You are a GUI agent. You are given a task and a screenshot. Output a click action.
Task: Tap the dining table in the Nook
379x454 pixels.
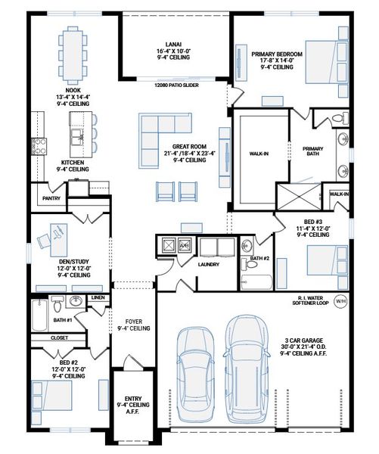[x=73, y=54]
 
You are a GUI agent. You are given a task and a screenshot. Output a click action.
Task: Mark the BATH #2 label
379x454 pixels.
[x=259, y=259]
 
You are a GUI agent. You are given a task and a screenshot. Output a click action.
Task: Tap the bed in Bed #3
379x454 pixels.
[x=328, y=262]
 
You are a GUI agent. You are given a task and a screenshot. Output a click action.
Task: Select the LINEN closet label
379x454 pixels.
[x=97, y=298]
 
